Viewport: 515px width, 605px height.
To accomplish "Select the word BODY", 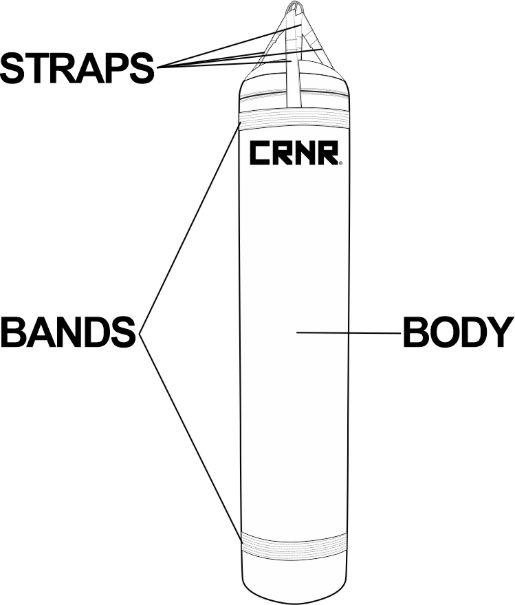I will tap(458, 333).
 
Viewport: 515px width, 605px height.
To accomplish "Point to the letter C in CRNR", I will tap(260, 153).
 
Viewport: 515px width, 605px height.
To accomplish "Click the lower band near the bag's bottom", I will tap(294, 544).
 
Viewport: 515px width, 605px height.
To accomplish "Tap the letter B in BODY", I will tap(415, 333).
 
